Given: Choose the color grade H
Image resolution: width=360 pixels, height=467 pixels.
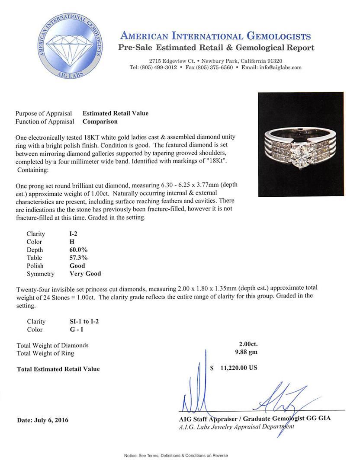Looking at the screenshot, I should (66, 242).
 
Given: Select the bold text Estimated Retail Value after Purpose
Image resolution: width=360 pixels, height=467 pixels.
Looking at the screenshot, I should (116, 113).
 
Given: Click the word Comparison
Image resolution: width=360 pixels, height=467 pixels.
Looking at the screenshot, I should (100, 122).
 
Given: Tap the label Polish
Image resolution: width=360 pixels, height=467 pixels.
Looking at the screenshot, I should (35, 266).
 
